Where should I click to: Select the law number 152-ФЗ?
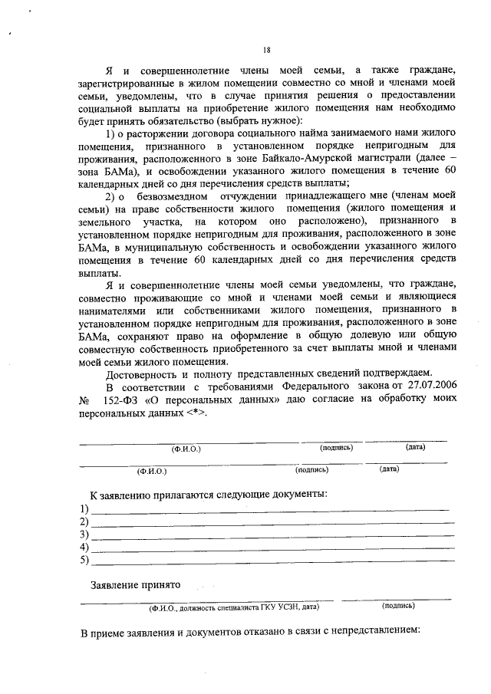[124, 400]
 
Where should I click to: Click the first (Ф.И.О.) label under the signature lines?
[186, 449]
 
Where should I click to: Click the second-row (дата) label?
[389, 469]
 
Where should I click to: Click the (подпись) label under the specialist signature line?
[398, 605]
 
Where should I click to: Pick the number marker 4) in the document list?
[84, 548]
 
